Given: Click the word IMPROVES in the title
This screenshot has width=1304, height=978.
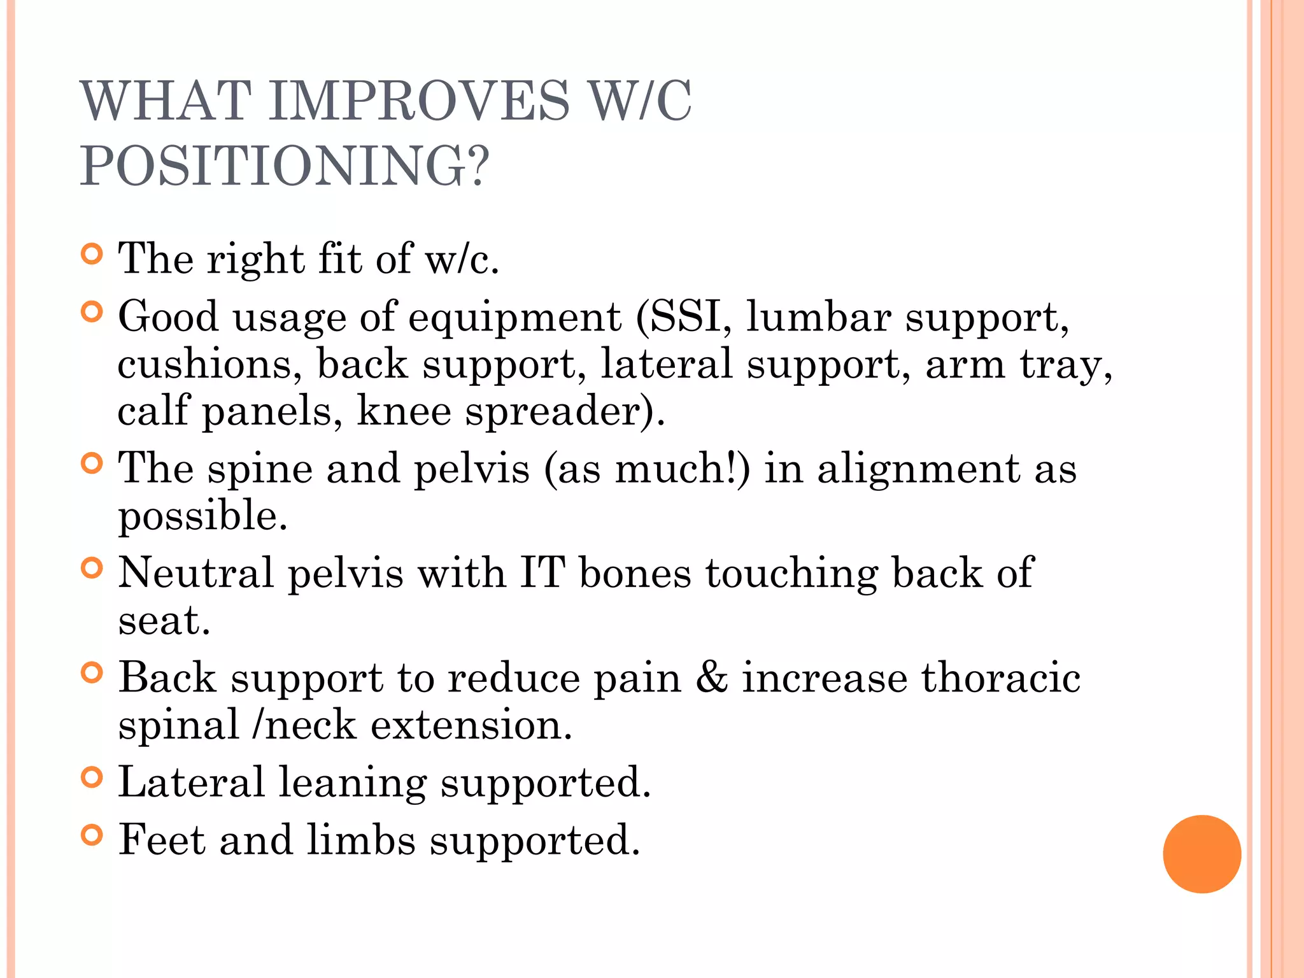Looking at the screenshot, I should click(x=419, y=101).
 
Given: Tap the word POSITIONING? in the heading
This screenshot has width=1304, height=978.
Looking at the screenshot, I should click(x=285, y=166).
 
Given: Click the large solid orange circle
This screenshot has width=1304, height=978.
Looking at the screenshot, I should click(x=1201, y=854).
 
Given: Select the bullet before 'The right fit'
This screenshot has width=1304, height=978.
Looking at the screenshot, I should click(x=92, y=255).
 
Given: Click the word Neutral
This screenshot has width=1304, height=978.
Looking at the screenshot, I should click(x=196, y=572).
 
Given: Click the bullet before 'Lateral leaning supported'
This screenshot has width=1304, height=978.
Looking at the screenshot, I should click(x=92, y=777).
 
